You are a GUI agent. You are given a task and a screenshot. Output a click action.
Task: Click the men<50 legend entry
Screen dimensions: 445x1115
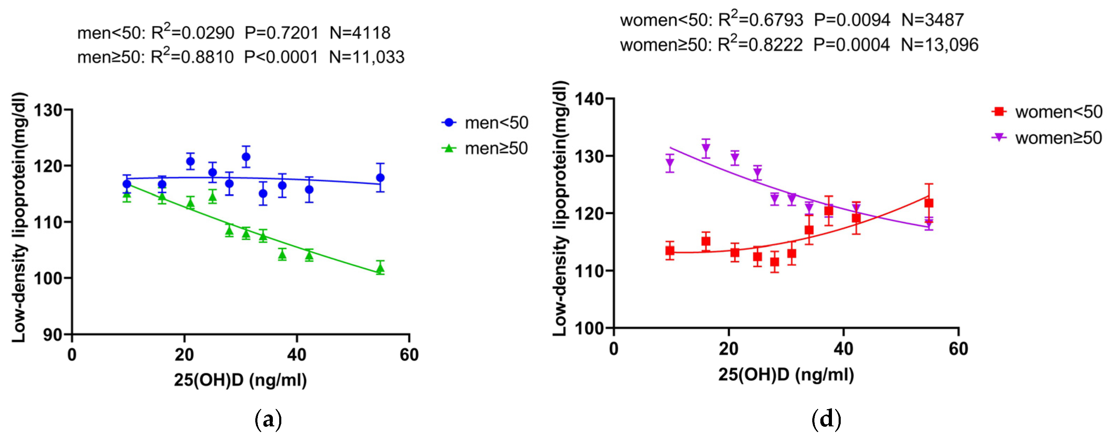pyautogui.click(x=485, y=123)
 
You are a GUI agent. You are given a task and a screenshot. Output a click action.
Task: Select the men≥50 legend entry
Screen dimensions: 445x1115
pyautogui.click(x=485, y=148)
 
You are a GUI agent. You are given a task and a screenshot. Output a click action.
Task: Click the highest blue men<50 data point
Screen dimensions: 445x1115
pyautogui.click(x=246, y=157)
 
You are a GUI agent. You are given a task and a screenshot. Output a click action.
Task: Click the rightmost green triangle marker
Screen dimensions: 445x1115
pyautogui.click(x=380, y=269)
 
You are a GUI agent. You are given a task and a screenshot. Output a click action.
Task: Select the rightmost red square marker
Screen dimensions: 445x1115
pyautogui.click(x=928, y=203)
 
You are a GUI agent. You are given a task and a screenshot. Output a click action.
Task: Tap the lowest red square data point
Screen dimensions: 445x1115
pyautogui.click(x=774, y=262)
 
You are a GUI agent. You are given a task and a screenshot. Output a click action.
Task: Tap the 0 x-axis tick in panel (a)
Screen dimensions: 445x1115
pyautogui.click(x=72, y=355)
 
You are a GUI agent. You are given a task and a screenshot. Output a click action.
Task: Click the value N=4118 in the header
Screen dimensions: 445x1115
pyautogui.click(x=360, y=33)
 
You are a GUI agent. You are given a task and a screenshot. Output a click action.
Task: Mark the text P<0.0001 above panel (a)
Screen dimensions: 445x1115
pyautogui.click(x=281, y=57)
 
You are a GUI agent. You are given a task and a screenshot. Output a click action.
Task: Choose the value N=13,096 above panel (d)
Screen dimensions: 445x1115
pyautogui.click(x=939, y=45)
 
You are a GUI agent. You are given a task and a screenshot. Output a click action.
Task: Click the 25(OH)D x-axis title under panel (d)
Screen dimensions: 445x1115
pyautogui.click(x=786, y=374)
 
